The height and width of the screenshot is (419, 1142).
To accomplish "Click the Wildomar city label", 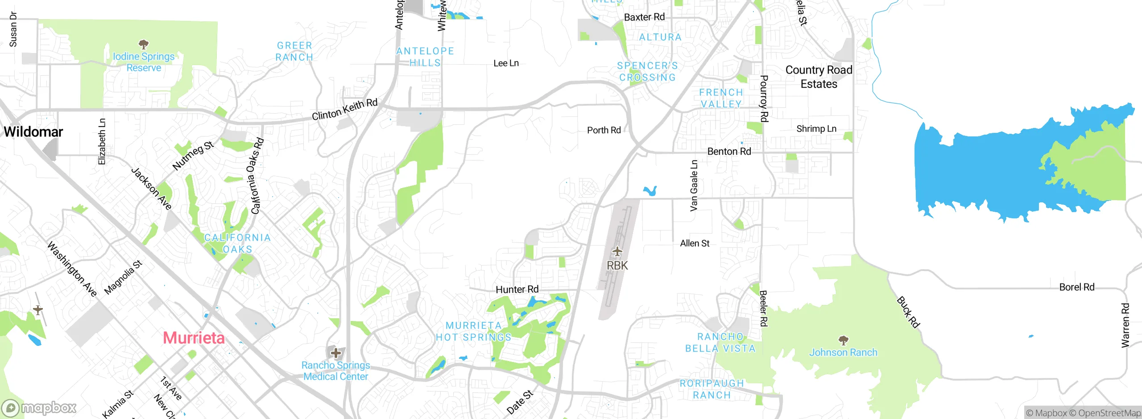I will [33, 132].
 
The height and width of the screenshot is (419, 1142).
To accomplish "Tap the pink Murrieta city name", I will [194, 338].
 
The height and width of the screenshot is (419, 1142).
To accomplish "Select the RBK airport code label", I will [617, 266].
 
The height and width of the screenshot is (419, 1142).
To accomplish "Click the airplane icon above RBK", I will [617, 252].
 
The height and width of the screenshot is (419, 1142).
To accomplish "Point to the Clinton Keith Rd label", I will [344, 110].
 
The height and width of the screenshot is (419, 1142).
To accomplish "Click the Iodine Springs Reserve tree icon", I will [144, 44].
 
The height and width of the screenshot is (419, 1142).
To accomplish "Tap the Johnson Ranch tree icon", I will [844, 341].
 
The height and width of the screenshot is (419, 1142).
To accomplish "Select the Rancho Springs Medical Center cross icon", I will [336, 353].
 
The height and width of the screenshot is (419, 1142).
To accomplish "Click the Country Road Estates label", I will [819, 77].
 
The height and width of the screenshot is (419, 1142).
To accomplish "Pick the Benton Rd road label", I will [729, 152].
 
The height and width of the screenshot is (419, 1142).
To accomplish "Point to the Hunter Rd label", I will [517, 290].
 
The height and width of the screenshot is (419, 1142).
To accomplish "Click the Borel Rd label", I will [1076, 287].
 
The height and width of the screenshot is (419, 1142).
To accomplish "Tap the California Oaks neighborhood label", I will [237, 243].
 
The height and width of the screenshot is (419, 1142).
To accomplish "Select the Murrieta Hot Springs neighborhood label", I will [473, 332].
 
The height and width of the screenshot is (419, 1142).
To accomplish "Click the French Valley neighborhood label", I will [721, 98].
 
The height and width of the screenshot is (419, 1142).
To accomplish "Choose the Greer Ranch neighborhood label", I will [294, 51].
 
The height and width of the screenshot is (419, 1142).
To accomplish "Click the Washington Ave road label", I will [72, 269].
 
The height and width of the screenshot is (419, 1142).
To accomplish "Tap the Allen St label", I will [695, 243].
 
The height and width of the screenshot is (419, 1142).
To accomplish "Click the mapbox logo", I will [39, 408].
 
